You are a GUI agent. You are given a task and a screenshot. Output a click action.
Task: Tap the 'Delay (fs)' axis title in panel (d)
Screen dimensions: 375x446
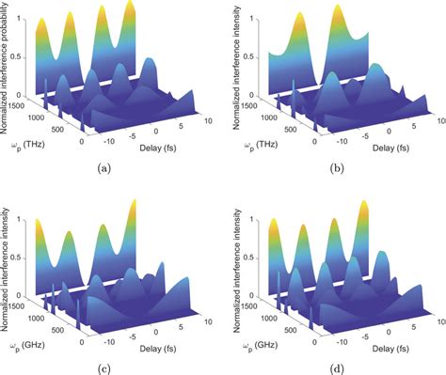(377, 343)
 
